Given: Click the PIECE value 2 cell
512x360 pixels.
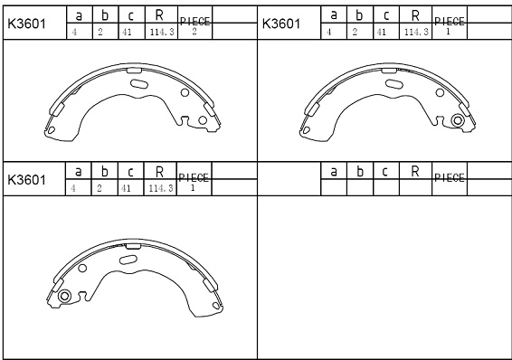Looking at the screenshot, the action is pyautogui.click(x=194, y=32).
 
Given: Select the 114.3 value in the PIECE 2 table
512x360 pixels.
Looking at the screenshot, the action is pyautogui.click(x=162, y=32).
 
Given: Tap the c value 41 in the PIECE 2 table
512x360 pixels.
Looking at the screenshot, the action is pyautogui.click(x=127, y=32).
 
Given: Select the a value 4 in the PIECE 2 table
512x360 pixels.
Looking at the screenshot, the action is pyautogui.click(x=74, y=32).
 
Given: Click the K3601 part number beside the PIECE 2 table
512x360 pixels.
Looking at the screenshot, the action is pyautogui.click(x=26, y=24).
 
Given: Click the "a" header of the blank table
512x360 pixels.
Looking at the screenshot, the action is pyautogui.click(x=334, y=171).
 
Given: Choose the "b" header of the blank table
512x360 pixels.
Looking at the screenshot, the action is pyautogui.click(x=359, y=171).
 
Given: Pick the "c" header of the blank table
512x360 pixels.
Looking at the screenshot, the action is pyautogui.click(x=385, y=171).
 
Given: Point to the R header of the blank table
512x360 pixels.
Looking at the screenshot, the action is pyautogui.click(x=415, y=171).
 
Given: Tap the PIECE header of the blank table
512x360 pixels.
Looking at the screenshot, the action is pyautogui.click(x=450, y=177).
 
